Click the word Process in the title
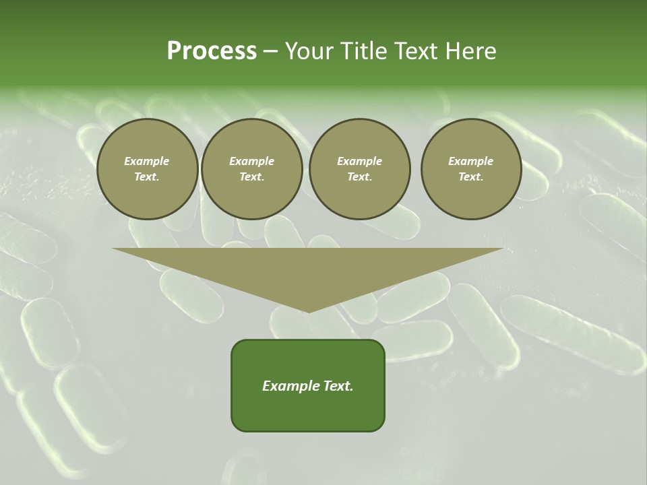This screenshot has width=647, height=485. pyautogui.click(x=212, y=51)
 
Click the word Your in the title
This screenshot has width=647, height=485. pyautogui.click(x=307, y=51)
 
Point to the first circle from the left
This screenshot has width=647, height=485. pyautogui.click(x=147, y=168)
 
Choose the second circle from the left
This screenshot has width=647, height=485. pyautogui.click(x=251, y=168)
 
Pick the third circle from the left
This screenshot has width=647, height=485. pyautogui.click(x=359, y=168)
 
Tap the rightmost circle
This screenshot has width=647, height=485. pyautogui.click(x=471, y=168)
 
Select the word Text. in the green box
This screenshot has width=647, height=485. pyautogui.click(x=338, y=386)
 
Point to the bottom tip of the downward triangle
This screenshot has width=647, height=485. pyautogui.click(x=309, y=311)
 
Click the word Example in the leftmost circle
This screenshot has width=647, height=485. pyautogui.click(x=147, y=161)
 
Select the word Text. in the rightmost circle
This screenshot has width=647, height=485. pyautogui.click(x=471, y=176)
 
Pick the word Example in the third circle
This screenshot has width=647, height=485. pyautogui.click(x=359, y=161)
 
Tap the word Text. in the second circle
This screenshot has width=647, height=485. pyautogui.click(x=251, y=176)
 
